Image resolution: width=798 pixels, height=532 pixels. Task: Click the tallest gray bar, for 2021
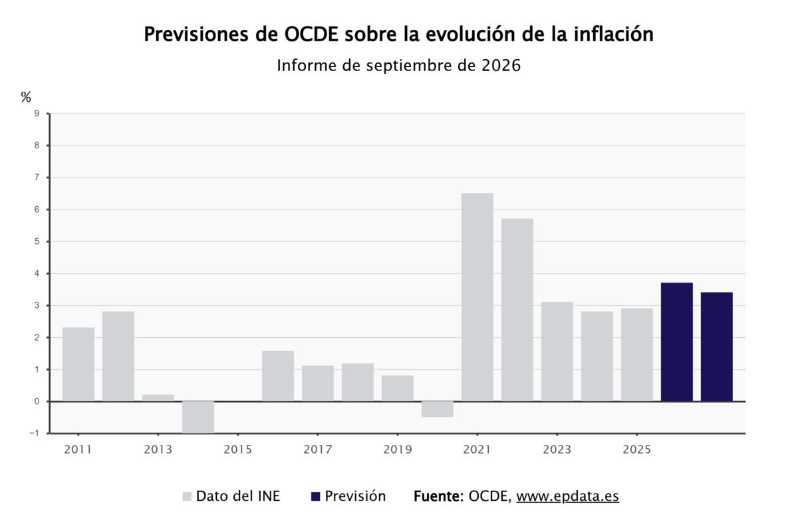pyautogui.click(x=477, y=297)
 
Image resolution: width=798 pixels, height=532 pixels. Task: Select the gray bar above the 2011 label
pyautogui.click(x=78, y=364)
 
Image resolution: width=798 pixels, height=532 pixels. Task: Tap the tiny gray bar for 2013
pyautogui.click(x=158, y=398)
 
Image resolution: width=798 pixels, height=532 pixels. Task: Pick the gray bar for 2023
pyautogui.click(x=557, y=352)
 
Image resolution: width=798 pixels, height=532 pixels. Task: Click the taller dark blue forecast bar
pyautogui.click(x=677, y=342)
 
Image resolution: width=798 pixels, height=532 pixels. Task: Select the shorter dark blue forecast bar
pyautogui.click(x=717, y=346)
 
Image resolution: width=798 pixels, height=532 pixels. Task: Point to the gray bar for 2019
pyautogui.click(x=398, y=388)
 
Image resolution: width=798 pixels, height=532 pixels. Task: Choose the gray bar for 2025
pyautogui.click(x=637, y=355)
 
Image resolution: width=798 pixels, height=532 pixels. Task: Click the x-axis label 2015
pyautogui.click(x=238, y=450)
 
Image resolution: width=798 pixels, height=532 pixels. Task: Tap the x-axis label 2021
pyautogui.click(x=477, y=450)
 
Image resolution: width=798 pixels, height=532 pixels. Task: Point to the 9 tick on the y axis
pyautogui.click(x=37, y=114)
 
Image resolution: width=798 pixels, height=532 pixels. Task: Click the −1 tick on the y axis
pyautogui.click(x=35, y=434)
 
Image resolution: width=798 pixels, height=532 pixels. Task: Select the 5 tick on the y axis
pyautogui.click(x=37, y=241)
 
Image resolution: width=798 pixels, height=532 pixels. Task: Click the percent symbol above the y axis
pyautogui.click(x=26, y=96)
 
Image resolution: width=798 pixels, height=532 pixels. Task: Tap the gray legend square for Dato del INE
pyautogui.click(x=187, y=496)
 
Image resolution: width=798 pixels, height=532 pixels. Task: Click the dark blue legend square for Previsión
pyautogui.click(x=316, y=496)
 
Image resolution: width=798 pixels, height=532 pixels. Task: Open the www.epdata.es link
pyautogui.click(x=568, y=496)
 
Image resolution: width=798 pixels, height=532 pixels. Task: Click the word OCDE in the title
pyautogui.click(x=311, y=35)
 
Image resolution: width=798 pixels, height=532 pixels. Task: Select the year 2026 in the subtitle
pyautogui.click(x=501, y=66)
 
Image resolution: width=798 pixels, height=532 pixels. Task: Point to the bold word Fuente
pyautogui.click(x=438, y=496)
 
